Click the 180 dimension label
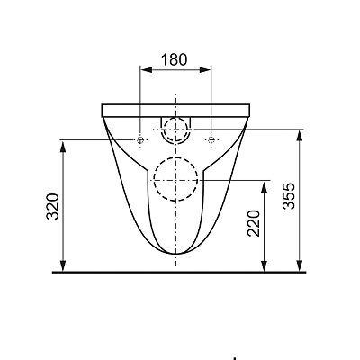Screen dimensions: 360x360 click(x=175, y=59)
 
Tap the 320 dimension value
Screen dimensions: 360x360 click(x=53, y=207)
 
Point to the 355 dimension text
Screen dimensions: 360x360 click(x=289, y=195)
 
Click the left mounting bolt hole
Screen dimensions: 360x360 click(x=140, y=139)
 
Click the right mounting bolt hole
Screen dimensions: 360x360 click(x=211, y=139)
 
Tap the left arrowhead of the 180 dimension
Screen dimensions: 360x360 click(x=146, y=69)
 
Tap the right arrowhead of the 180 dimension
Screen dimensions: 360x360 click(x=206, y=69)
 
